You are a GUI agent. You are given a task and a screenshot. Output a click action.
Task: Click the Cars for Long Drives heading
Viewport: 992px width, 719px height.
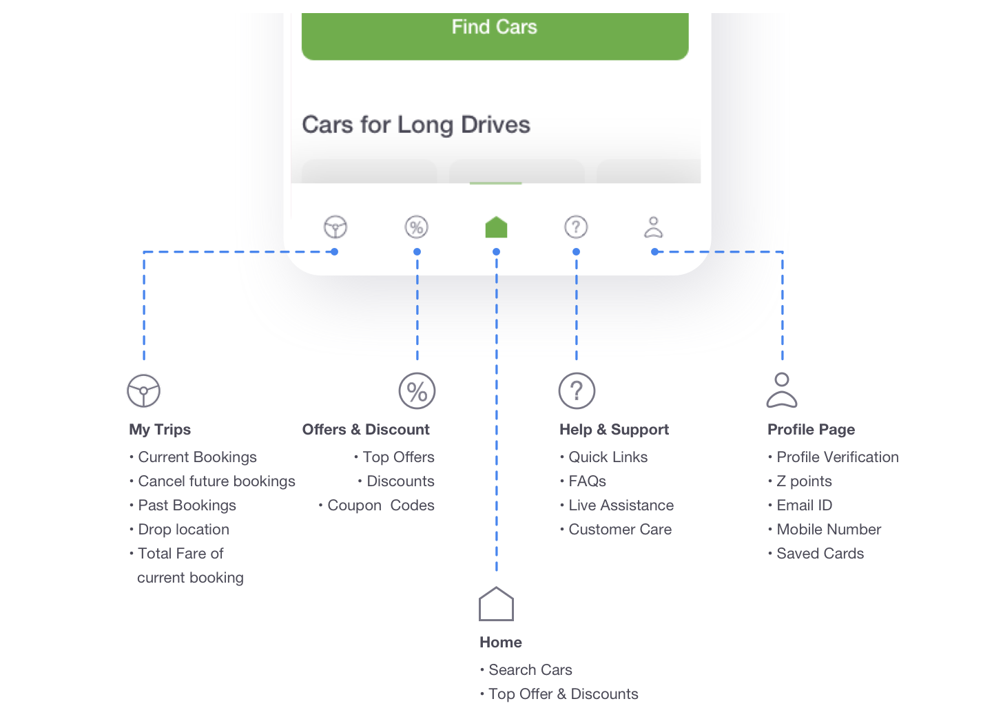click(x=416, y=125)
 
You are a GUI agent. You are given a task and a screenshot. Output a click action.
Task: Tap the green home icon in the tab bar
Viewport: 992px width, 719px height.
click(x=496, y=227)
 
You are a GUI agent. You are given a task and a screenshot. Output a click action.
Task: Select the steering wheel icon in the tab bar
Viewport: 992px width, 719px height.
click(x=335, y=227)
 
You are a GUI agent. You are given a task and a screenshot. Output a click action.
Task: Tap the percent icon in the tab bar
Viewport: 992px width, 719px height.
click(x=417, y=227)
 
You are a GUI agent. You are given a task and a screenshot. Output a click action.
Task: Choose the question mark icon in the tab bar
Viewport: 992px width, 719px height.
click(x=576, y=227)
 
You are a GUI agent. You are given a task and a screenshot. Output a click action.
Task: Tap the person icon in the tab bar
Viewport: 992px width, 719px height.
click(x=653, y=227)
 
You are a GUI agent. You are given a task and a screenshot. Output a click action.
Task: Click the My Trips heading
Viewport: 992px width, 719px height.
click(x=160, y=430)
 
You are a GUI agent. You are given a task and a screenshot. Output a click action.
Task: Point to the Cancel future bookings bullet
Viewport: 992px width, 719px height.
click(x=216, y=481)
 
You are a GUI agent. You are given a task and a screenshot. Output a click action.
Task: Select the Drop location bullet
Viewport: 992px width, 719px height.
click(x=183, y=530)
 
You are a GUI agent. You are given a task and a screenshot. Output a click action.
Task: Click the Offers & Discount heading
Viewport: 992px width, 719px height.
click(x=366, y=430)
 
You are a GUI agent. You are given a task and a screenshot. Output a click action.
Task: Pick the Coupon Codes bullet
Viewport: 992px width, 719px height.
click(x=380, y=506)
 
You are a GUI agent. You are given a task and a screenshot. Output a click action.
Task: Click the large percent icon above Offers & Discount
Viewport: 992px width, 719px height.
click(x=417, y=391)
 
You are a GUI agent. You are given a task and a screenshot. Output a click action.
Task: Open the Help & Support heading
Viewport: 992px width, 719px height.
click(x=614, y=430)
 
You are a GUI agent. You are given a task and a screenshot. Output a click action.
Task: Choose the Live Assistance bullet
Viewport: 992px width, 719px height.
click(x=621, y=506)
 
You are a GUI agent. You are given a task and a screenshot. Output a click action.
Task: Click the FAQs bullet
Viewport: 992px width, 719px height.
click(x=587, y=481)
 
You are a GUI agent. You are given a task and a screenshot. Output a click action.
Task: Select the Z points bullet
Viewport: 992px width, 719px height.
click(x=804, y=481)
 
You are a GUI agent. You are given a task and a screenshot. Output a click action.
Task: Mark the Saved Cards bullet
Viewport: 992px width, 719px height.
click(x=820, y=554)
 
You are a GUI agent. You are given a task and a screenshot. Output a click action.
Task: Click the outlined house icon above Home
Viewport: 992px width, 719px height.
click(x=496, y=604)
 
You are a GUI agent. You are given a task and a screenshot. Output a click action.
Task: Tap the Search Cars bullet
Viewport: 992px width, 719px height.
click(x=530, y=670)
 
